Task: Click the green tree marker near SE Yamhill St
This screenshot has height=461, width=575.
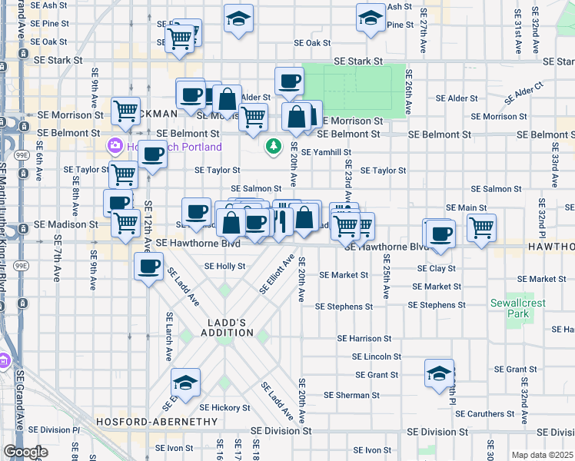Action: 273,145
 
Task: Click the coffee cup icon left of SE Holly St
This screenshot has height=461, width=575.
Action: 149,267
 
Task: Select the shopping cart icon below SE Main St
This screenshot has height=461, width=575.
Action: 481,227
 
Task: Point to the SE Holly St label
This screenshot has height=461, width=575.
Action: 224,267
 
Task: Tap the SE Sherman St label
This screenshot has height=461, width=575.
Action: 347,395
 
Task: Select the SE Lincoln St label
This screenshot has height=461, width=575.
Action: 376,357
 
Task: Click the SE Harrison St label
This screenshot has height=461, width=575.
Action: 364,338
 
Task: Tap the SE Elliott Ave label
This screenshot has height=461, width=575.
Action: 278,275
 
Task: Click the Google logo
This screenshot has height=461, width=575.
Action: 25,452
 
